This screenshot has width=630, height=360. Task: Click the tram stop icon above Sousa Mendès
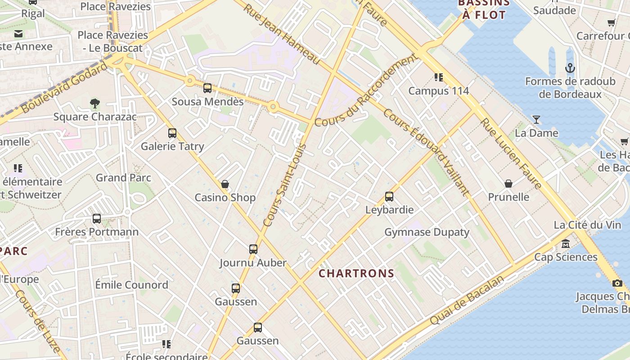207,88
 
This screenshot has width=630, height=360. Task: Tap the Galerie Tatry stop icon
172,133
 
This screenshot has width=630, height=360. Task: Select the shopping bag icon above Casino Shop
225,184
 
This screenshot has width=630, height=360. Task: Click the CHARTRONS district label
356,273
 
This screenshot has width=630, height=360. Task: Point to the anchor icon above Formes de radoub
570,68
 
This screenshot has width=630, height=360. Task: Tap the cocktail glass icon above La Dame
536,120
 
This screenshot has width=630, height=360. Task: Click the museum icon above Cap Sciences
566,244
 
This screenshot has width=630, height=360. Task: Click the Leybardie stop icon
389,197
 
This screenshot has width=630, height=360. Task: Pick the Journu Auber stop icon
253,249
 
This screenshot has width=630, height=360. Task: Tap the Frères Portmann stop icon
97,219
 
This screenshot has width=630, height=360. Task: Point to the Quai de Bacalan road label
467,300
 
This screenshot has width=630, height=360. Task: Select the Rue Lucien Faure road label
511,153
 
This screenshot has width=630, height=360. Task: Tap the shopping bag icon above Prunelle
508,184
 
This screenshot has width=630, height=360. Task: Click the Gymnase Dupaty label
427,232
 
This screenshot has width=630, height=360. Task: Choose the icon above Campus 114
439,77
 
